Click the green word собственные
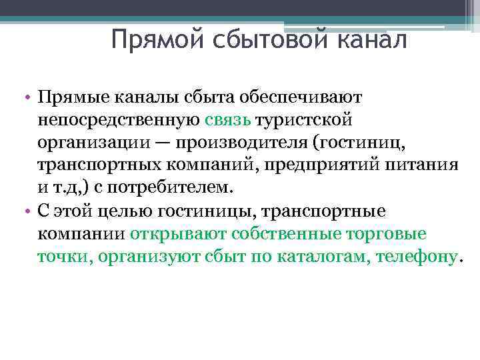tap(288, 234)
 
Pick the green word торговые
tap(389, 234)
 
